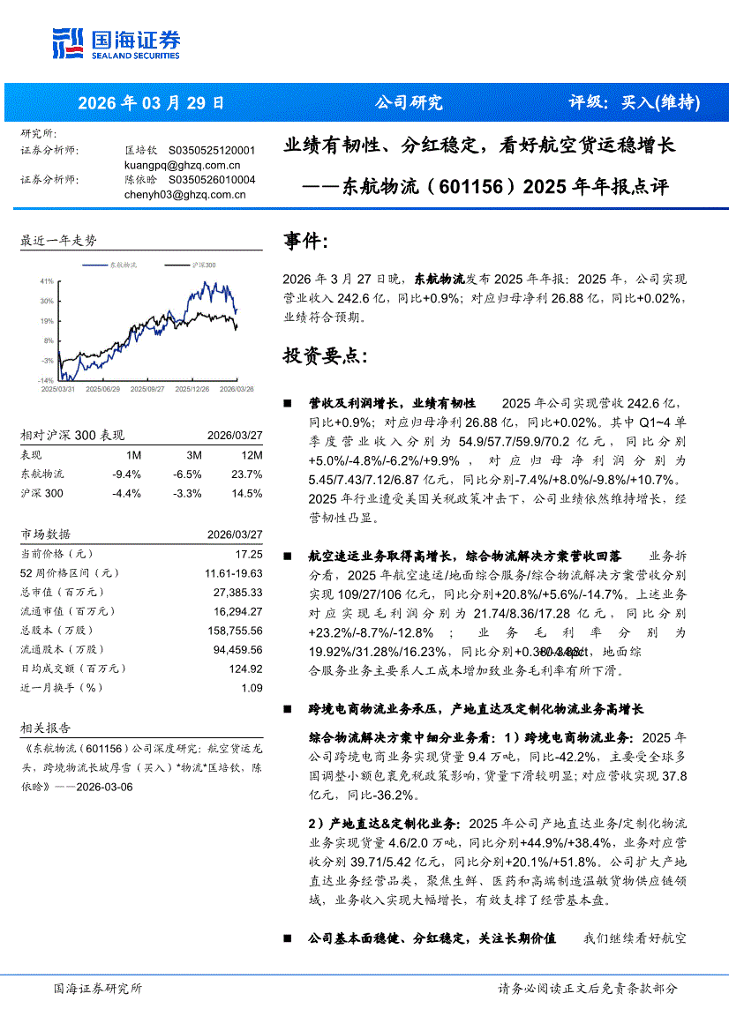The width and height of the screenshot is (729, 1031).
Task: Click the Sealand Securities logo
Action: coord(116,43)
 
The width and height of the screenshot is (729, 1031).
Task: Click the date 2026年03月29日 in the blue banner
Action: coord(152,102)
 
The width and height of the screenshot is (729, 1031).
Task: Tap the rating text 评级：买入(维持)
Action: coord(634,102)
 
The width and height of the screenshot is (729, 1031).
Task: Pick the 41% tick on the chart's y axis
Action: coord(46,280)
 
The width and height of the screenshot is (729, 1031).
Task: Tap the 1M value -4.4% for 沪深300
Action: coord(126,493)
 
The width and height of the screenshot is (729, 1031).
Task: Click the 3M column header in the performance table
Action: coord(194,455)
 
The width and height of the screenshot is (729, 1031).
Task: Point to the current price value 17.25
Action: coord(249,554)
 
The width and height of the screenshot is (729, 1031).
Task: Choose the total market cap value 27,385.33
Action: coord(237,592)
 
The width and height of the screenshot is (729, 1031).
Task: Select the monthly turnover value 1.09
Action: coord(252,687)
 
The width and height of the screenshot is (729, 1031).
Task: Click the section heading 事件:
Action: coord(305,241)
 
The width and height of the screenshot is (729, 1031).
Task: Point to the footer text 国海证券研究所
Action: coord(97,988)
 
